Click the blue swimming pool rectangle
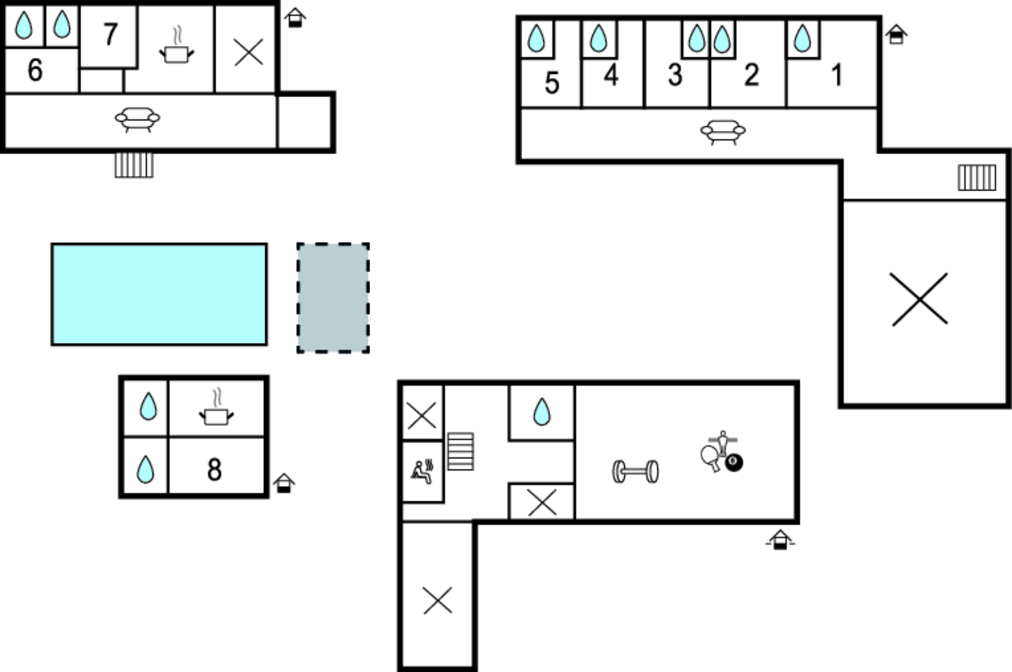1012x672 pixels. point(159,294)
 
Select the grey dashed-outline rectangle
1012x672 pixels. point(333,298)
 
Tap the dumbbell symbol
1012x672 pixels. point(636,472)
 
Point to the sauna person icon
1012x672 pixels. point(422,472)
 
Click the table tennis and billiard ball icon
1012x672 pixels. point(722,451)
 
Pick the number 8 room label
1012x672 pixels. point(214,469)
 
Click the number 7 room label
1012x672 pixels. point(110,35)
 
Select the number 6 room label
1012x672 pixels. point(35,70)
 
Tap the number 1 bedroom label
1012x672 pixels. point(837,75)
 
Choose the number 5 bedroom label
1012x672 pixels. point(552,83)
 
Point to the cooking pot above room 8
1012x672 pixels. point(216,407)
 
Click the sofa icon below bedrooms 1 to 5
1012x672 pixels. point(723,132)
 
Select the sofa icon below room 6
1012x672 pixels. point(137,120)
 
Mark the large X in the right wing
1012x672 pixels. point(920,299)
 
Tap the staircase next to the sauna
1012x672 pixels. point(460,451)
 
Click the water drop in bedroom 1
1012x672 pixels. point(802,39)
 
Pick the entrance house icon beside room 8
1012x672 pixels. point(284,483)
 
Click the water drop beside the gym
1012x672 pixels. point(542,412)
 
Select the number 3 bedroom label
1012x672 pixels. point(675,75)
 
